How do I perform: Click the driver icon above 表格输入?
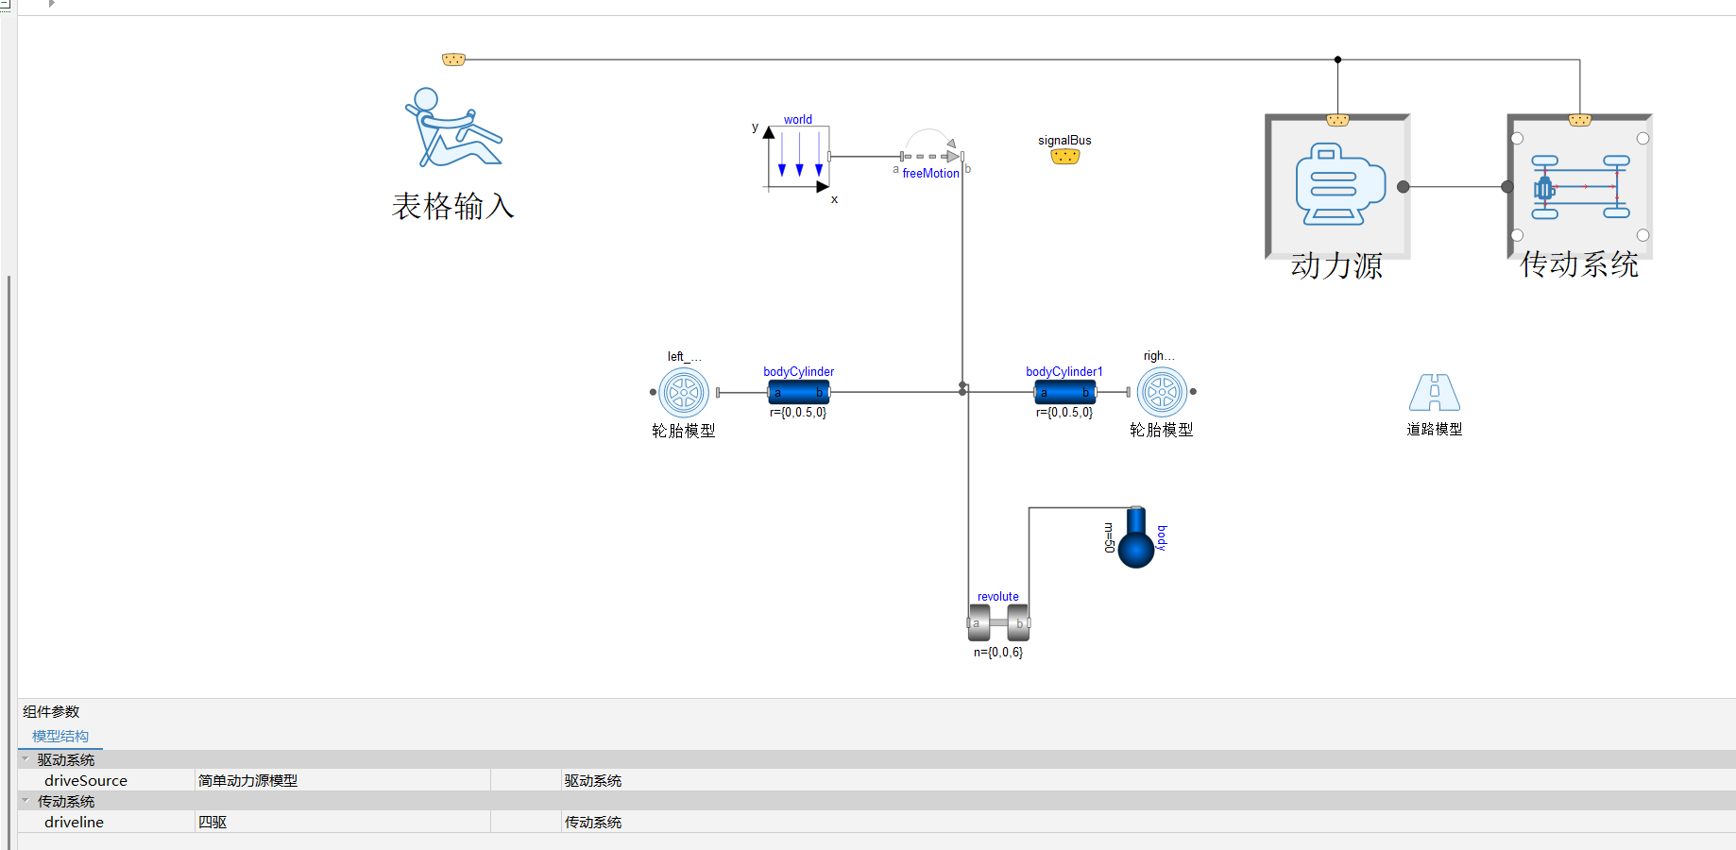pyautogui.click(x=453, y=127)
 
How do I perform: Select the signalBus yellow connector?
pyautogui.click(x=1065, y=157)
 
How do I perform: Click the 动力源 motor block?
pyautogui.click(x=1337, y=187)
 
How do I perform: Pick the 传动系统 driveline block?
pyautogui.click(x=1579, y=187)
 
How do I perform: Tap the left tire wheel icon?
pyautogui.click(x=684, y=392)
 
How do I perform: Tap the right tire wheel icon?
pyautogui.click(x=1162, y=391)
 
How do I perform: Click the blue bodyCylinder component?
pyautogui.click(x=799, y=392)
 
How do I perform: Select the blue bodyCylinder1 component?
pyautogui.click(x=1065, y=392)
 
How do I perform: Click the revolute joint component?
pyautogui.click(x=998, y=622)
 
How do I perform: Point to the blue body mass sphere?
pyautogui.click(x=1136, y=539)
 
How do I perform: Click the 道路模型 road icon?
pyautogui.click(x=1435, y=392)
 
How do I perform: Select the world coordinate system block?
pyautogui.click(x=798, y=158)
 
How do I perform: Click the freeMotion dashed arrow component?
pyautogui.click(x=931, y=157)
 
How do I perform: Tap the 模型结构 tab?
pyautogui.click(x=60, y=736)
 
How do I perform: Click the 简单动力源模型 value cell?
pyautogui.click(x=247, y=780)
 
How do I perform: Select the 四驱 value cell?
pyautogui.click(x=213, y=822)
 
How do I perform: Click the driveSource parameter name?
pyautogui.click(x=86, y=780)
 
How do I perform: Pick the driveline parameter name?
pyautogui.click(x=74, y=822)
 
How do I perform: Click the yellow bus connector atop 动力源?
pyautogui.click(x=1337, y=120)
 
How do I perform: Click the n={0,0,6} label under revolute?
pyautogui.click(x=998, y=652)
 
